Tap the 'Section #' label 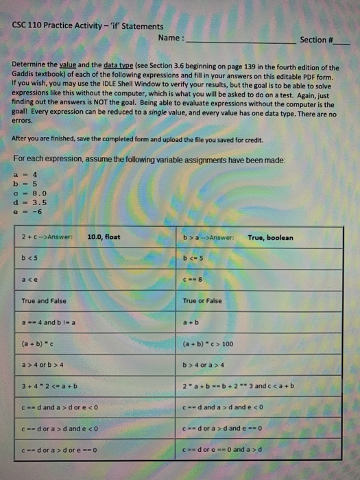314,40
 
